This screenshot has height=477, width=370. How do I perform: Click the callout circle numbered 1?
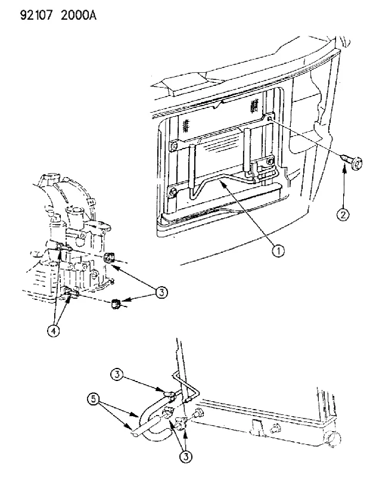click(278, 251)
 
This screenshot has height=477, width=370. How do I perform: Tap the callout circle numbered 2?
click(343, 215)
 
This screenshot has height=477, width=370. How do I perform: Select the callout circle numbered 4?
click(53, 331)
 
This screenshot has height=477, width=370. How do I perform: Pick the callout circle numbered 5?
click(94, 399)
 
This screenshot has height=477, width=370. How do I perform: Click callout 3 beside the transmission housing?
click(161, 293)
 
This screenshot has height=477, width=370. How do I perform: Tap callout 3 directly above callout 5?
click(117, 374)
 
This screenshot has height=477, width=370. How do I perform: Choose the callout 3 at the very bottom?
click(186, 456)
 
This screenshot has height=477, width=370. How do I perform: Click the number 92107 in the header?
click(36, 15)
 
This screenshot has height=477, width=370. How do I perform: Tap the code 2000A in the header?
click(79, 15)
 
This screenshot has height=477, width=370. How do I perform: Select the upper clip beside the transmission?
click(108, 258)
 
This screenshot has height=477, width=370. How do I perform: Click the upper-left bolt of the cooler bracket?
click(174, 145)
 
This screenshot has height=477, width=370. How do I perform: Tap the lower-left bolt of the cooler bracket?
click(173, 192)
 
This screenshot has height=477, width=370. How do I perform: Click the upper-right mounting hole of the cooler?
click(269, 118)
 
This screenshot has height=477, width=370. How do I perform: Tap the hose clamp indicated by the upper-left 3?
click(169, 395)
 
